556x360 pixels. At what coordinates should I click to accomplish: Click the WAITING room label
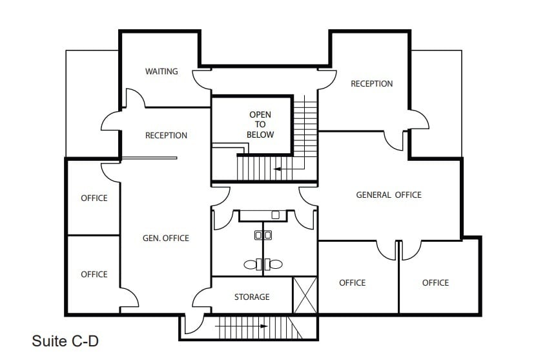pyautogui.click(x=161, y=71)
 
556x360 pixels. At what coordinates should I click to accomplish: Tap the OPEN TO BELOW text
pyautogui.click(x=260, y=125)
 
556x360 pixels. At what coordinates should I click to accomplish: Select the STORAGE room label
pyautogui.click(x=251, y=297)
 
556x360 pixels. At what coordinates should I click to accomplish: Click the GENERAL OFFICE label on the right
pyautogui.click(x=388, y=195)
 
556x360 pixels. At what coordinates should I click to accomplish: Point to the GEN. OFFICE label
pyautogui.click(x=165, y=238)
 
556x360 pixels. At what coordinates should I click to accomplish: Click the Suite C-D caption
pyautogui.click(x=65, y=341)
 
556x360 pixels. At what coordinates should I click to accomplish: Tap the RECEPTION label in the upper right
pyautogui.click(x=371, y=83)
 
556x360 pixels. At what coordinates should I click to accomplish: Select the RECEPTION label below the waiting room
pyautogui.click(x=166, y=135)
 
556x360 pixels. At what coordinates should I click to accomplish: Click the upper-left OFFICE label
pyautogui.click(x=94, y=198)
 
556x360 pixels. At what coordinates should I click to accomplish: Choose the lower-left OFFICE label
pyautogui.click(x=94, y=274)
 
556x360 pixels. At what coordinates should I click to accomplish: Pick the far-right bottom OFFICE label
pyautogui.click(x=435, y=282)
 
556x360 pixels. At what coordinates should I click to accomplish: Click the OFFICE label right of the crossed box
pyautogui.click(x=352, y=282)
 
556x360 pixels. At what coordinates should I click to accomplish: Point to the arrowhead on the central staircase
pyautogui.click(x=276, y=169)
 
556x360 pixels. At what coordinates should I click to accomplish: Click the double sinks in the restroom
pyautogui.click(x=263, y=235)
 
